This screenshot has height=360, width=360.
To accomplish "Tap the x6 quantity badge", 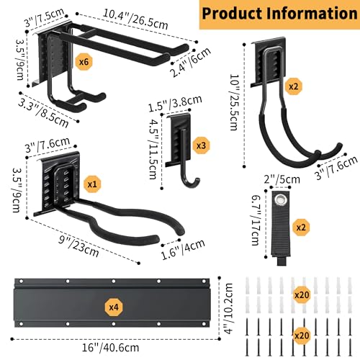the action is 84,62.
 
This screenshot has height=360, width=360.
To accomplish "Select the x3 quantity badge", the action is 201,145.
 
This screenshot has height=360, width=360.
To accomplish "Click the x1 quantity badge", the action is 92,184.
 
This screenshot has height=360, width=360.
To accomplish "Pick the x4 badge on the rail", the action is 114,307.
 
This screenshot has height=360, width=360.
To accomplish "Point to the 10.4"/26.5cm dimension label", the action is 135,19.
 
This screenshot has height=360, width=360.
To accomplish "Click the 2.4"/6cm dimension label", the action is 190,62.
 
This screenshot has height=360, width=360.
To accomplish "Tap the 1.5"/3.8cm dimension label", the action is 175,104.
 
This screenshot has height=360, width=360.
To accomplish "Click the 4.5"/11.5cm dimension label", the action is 154,149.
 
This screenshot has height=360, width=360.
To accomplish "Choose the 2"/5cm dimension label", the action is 282,179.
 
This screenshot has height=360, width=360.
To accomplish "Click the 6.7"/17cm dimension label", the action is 256,220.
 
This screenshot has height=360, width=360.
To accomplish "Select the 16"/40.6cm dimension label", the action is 111,348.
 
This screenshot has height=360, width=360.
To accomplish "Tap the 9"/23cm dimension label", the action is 79,246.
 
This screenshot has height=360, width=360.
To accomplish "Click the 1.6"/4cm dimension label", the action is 183,250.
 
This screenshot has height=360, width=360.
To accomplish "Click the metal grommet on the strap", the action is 280,199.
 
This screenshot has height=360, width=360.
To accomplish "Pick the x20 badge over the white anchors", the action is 302,294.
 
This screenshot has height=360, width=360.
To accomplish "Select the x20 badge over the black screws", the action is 302,336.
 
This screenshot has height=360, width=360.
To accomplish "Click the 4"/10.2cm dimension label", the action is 230,308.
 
